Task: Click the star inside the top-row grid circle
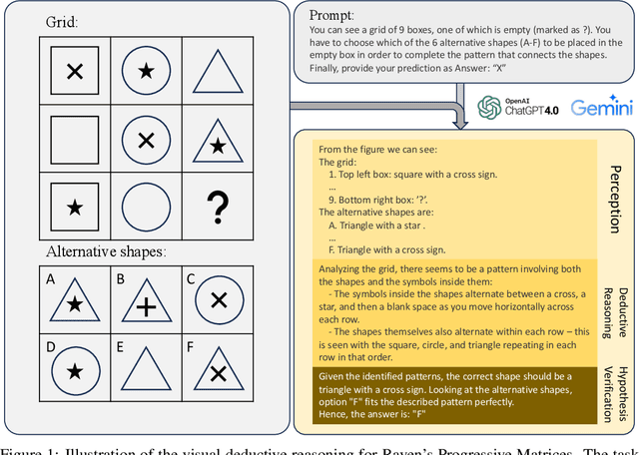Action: [146, 71]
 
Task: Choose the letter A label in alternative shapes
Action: [49, 280]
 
